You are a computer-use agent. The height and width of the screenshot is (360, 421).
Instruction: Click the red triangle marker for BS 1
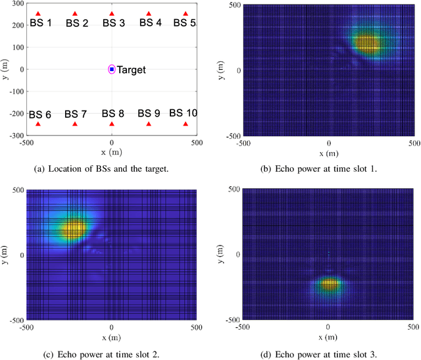click(38, 14)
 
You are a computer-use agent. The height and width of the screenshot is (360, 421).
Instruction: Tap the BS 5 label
click(184, 23)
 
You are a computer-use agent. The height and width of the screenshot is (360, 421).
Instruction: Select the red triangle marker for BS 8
click(112, 124)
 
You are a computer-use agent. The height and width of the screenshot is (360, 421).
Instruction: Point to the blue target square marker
click(112, 69)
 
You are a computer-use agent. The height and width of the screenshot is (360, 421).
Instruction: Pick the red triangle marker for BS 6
click(38, 124)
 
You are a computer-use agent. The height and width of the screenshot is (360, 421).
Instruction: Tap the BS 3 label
click(113, 23)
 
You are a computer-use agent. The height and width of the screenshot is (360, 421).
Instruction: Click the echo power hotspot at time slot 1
click(366, 43)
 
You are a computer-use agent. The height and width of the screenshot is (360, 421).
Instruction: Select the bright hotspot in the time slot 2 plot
click(72, 228)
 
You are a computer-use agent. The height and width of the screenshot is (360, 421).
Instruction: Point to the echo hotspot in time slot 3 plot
click(328, 284)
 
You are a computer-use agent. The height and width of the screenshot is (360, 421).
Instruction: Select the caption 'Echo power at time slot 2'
click(111, 355)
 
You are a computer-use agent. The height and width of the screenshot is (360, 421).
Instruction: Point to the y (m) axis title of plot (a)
click(5, 69)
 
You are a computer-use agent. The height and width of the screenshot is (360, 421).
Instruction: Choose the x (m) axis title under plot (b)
click(328, 153)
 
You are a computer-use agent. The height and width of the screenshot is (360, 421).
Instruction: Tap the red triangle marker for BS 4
click(149, 14)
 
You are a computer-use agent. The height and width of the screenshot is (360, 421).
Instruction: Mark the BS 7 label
click(76, 114)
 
